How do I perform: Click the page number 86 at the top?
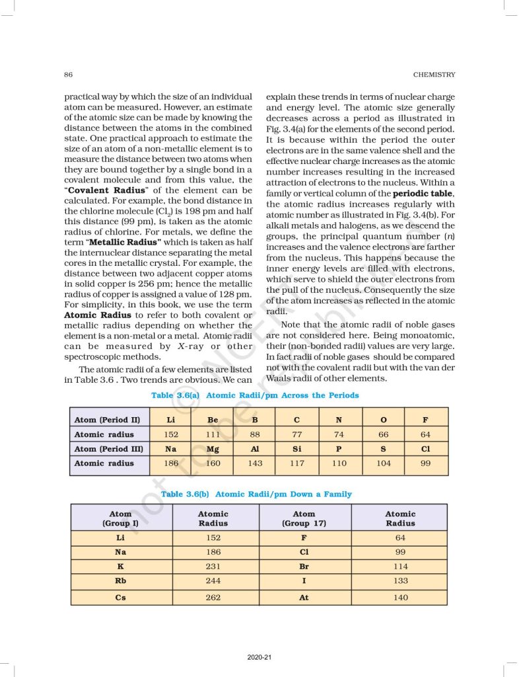click(69, 74)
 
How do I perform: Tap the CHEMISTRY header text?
click(434, 74)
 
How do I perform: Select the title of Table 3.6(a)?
click(255, 395)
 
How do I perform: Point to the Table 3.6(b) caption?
click(256, 494)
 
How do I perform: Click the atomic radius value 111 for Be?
click(213, 434)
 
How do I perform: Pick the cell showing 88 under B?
click(255, 434)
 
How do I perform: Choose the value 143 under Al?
click(255, 463)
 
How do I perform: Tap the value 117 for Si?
click(297, 463)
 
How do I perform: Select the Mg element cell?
click(213, 449)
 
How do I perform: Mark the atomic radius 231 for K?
click(213, 567)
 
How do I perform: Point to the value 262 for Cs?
click(213, 597)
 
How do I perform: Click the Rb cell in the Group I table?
click(121, 581)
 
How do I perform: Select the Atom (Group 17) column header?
click(304, 518)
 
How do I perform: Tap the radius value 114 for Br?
click(399, 567)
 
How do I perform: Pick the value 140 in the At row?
click(399, 597)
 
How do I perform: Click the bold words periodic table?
click(423, 194)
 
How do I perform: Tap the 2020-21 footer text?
click(259, 657)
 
